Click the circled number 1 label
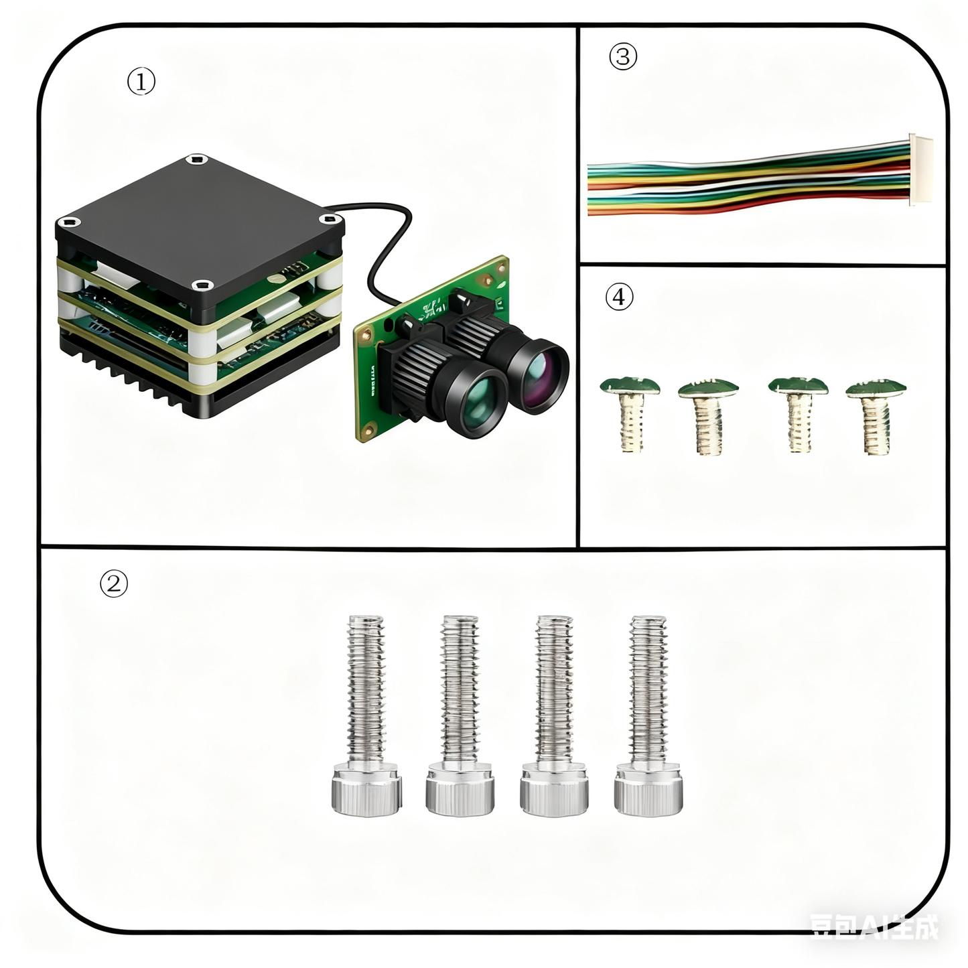click(141, 82)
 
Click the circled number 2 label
click(114, 583)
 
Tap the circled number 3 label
click(622, 56)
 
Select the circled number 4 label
click(619, 296)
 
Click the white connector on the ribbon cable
click(920, 169)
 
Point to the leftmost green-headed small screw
click(630, 412)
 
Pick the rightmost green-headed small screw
click(876, 415)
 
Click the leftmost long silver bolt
click(366, 717)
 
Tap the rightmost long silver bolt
click(648, 717)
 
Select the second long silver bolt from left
click(460, 717)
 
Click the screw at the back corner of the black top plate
click(196, 159)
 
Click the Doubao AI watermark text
click(874, 926)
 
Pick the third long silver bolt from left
click(554, 717)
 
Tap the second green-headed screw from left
click(708, 415)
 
